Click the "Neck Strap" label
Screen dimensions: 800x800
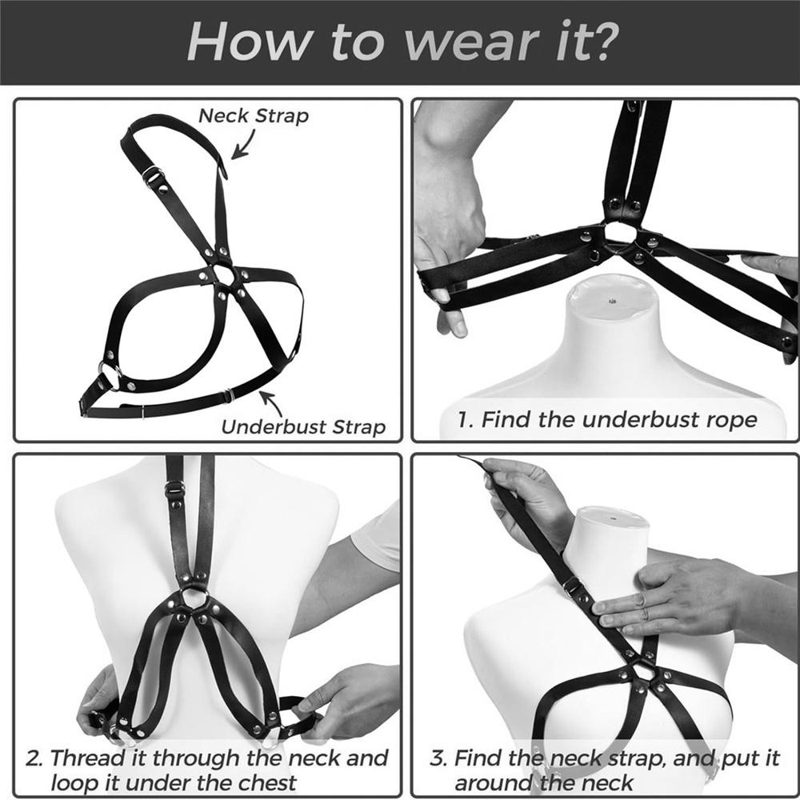[x=253, y=115]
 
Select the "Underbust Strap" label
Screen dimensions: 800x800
[x=303, y=426]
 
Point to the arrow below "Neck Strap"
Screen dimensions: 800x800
[x=243, y=143]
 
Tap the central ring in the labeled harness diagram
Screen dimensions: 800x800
[x=223, y=276]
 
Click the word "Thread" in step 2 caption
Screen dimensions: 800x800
[x=110, y=758]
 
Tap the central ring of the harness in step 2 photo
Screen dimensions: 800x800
[x=193, y=598]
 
